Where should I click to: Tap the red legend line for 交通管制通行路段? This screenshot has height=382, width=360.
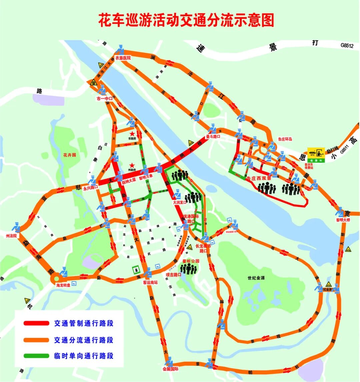click(x=36, y=323)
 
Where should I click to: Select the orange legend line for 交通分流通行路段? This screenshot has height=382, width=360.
click(x=36, y=340)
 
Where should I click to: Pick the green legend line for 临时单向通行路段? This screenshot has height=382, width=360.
click(x=36, y=356)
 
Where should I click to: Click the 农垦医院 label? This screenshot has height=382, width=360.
click(x=123, y=58)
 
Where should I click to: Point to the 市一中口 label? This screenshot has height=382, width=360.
click(x=104, y=99)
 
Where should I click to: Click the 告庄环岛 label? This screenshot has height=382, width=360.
click(x=285, y=139)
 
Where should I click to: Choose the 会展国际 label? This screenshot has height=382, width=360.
click(x=170, y=369)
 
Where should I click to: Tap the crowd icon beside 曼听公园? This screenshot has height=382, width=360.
click(x=189, y=268)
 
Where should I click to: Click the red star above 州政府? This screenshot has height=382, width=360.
click(x=132, y=165)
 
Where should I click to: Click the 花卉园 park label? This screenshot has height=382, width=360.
click(x=70, y=155)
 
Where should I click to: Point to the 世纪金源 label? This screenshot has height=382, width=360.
click(x=256, y=278)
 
